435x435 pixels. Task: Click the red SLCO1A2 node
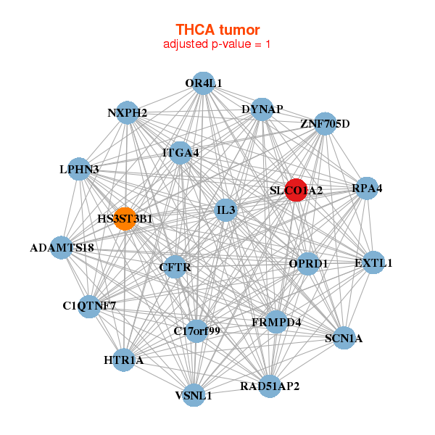(295, 190)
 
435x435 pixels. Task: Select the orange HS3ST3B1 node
(125, 218)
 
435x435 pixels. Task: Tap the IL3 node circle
(226, 211)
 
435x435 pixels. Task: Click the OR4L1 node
(204, 83)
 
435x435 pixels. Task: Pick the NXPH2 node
(128, 113)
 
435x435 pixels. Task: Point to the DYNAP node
(262, 109)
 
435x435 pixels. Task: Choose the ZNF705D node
(325, 124)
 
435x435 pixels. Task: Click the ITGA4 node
(181, 153)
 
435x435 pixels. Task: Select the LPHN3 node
(80, 170)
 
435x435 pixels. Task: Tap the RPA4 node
(367, 188)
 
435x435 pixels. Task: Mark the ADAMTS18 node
(62, 248)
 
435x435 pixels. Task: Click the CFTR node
(175, 268)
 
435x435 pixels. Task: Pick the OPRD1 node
(309, 263)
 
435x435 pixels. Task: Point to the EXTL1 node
(373, 262)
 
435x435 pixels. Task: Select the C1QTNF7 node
(89, 306)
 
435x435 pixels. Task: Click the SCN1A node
(344, 338)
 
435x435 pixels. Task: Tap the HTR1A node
(124, 360)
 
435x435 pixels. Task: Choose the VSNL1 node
(194, 395)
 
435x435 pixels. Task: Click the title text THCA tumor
(217, 30)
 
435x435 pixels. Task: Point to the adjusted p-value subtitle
(217, 44)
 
